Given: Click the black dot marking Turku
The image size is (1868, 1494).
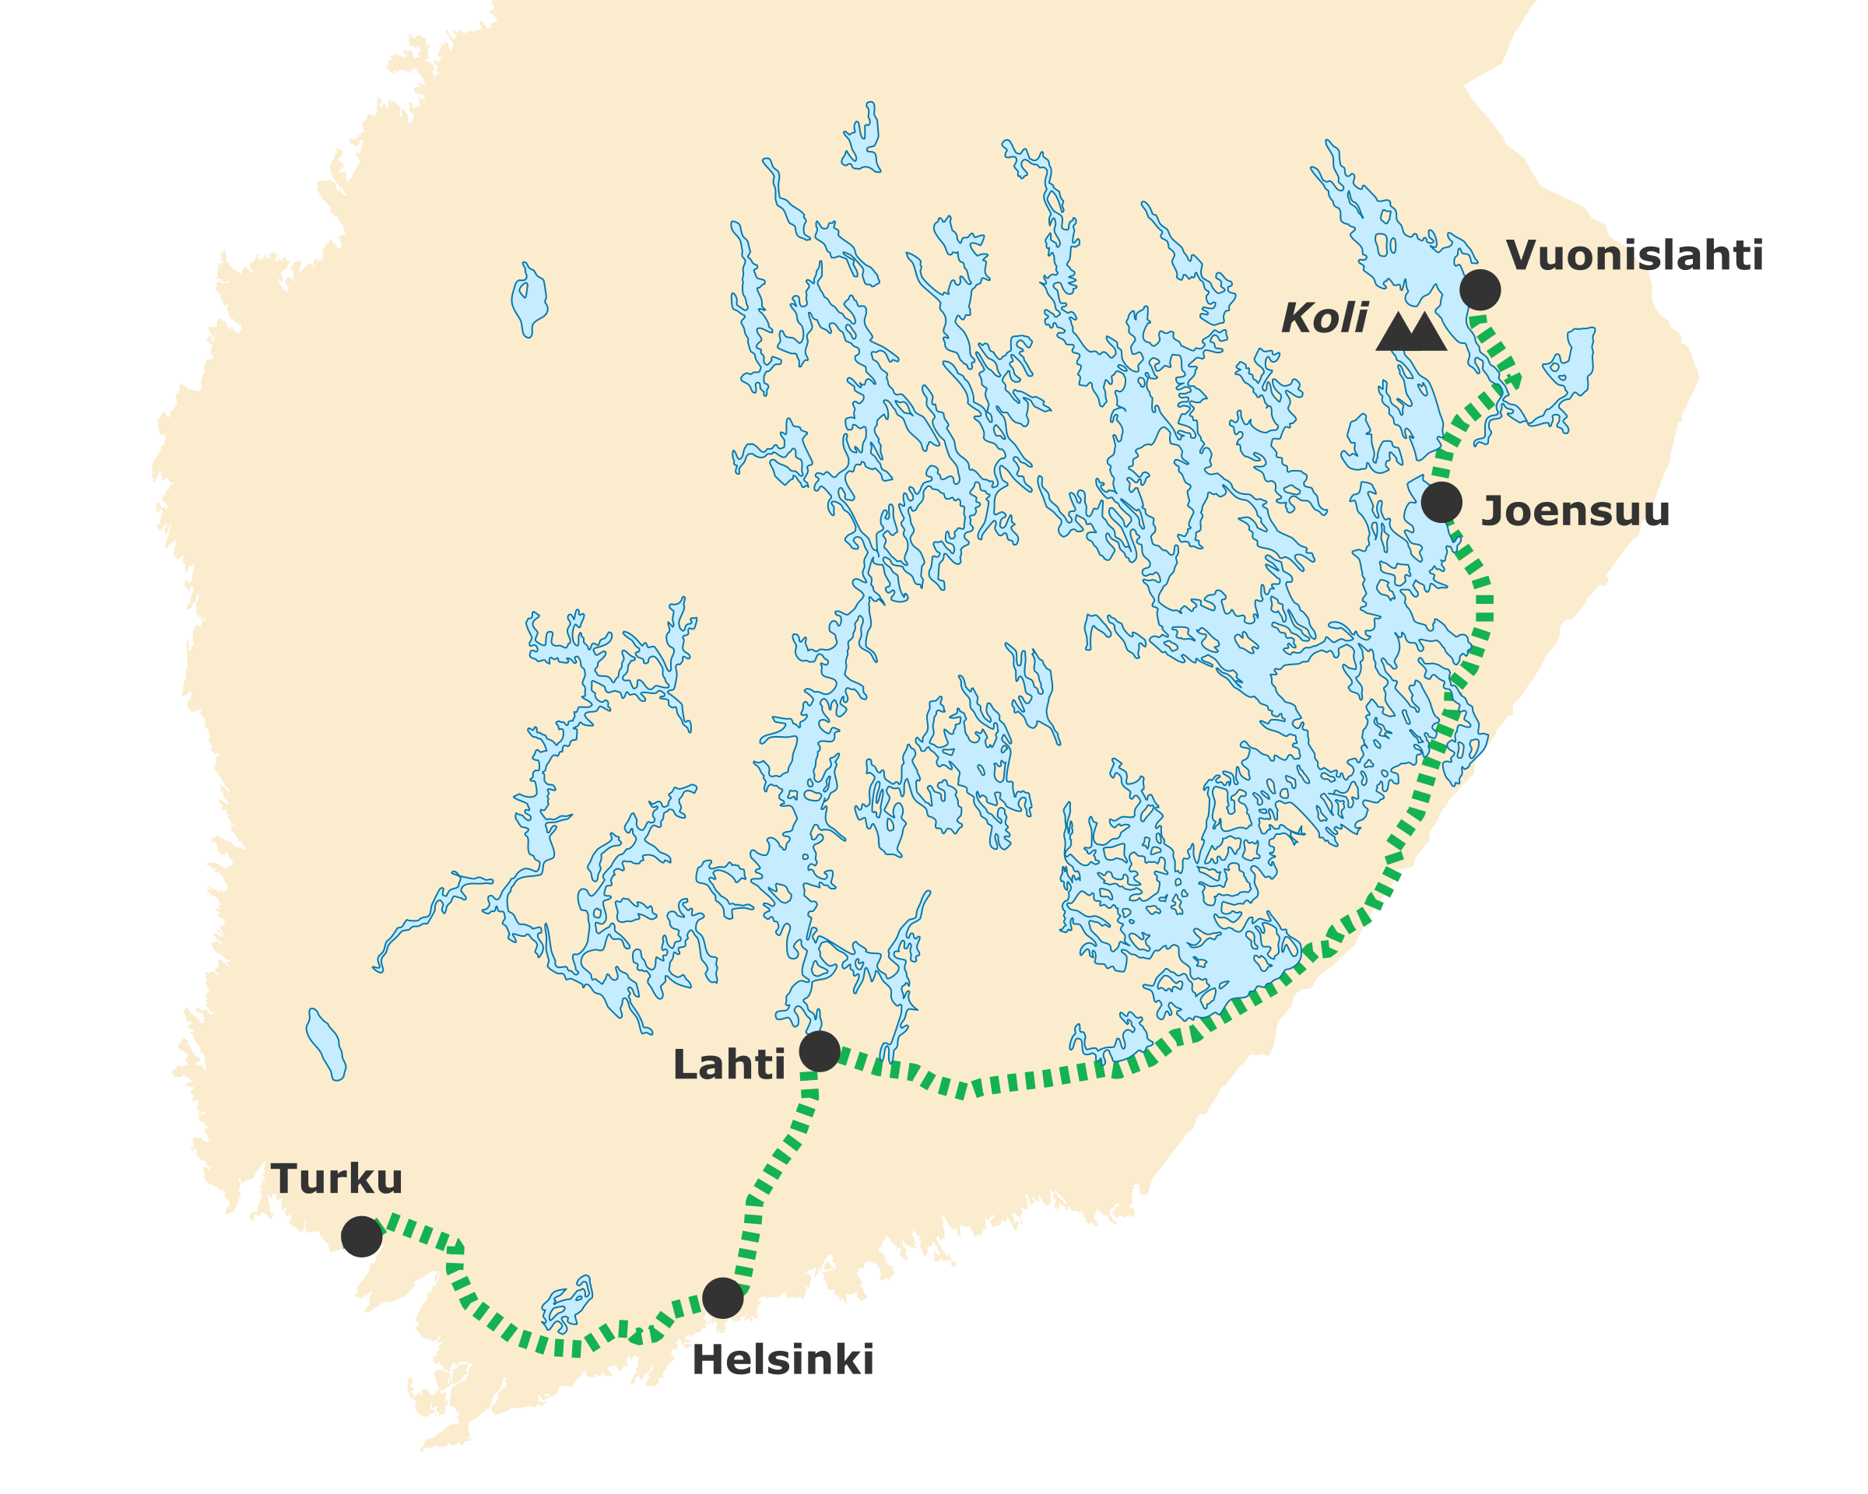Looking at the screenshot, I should tap(361, 1236).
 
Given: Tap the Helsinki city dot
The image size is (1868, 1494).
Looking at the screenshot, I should tap(722, 1298).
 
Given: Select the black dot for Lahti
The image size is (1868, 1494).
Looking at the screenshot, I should tap(820, 1051).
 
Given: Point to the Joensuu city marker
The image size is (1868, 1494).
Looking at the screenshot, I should tap(1441, 501).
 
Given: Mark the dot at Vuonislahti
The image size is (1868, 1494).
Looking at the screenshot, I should tap(1480, 289).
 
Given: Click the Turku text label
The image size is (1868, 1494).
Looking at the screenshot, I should tap(336, 1180).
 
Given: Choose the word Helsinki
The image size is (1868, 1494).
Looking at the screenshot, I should tap(782, 1361).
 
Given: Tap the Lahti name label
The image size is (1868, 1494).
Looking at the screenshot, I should tap(729, 1065).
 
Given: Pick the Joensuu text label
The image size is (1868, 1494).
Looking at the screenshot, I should tap(1575, 512).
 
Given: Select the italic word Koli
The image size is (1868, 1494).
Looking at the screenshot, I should tap(1324, 319).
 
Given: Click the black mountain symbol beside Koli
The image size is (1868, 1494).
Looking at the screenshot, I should tap(1410, 331).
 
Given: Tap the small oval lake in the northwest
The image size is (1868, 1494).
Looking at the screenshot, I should tap(528, 299).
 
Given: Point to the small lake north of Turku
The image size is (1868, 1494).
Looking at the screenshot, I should tap(326, 1044).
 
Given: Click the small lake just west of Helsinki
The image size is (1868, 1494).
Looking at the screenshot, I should tap(567, 1304).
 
